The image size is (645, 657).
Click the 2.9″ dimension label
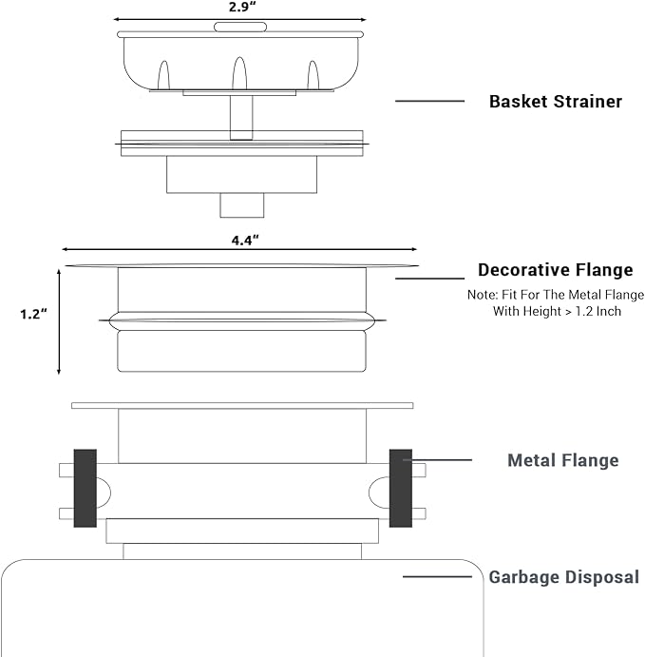click(x=242, y=7)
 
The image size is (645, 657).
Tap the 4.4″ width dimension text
click(x=245, y=241)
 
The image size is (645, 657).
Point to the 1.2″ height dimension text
click(x=33, y=314)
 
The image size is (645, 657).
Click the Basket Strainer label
click(x=556, y=102)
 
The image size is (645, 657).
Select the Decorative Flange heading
click(x=556, y=270)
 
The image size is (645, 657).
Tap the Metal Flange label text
click(x=563, y=460)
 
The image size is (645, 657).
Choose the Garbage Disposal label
click(x=564, y=577)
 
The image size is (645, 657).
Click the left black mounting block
click(x=85, y=488)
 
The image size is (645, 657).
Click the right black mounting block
click(x=401, y=488)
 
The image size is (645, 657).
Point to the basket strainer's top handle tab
click(x=240, y=28)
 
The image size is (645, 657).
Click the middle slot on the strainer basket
click(x=239, y=73)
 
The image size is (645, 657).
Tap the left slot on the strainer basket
click(x=163, y=75)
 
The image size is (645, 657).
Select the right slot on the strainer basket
click(x=313, y=75)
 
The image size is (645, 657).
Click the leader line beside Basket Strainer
click(x=430, y=101)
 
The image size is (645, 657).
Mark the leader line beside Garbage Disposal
click(x=437, y=577)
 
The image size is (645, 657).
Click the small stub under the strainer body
click(x=242, y=205)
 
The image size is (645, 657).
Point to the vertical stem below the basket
click(x=241, y=117)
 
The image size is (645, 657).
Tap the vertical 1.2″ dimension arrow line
click(x=59, y=321)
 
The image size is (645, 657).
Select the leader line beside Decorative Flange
click(x=430, y=279)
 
